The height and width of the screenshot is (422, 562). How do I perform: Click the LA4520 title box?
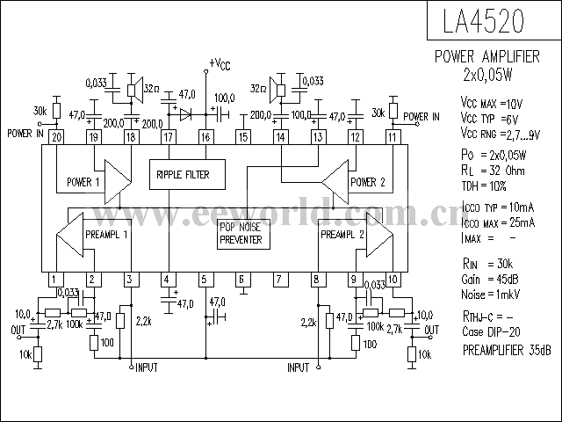pyautogui.click(x=493, y=20)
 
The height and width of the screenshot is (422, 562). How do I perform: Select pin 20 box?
pyautogui.click(x=55, y=137)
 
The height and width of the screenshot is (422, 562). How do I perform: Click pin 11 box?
pyautogui.click(x=392, y=137)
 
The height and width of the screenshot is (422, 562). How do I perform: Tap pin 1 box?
pyautogui.click(x=54, y=280)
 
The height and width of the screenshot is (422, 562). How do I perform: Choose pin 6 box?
pyautogui.click(x=241, y=280)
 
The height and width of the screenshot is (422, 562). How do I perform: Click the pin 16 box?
pyautogui.click(x=205, y=137)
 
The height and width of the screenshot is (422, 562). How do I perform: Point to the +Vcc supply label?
pyautogui.click(x=220, y=63)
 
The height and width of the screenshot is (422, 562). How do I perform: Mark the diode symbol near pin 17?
pyautogui.click(x=184, y=113)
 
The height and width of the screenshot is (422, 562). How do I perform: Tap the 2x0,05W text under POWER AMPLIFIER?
pyautogui.click(x=493, y=74)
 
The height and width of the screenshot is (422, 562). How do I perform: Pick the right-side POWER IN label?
pyautogui.click(x=422, y=115)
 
